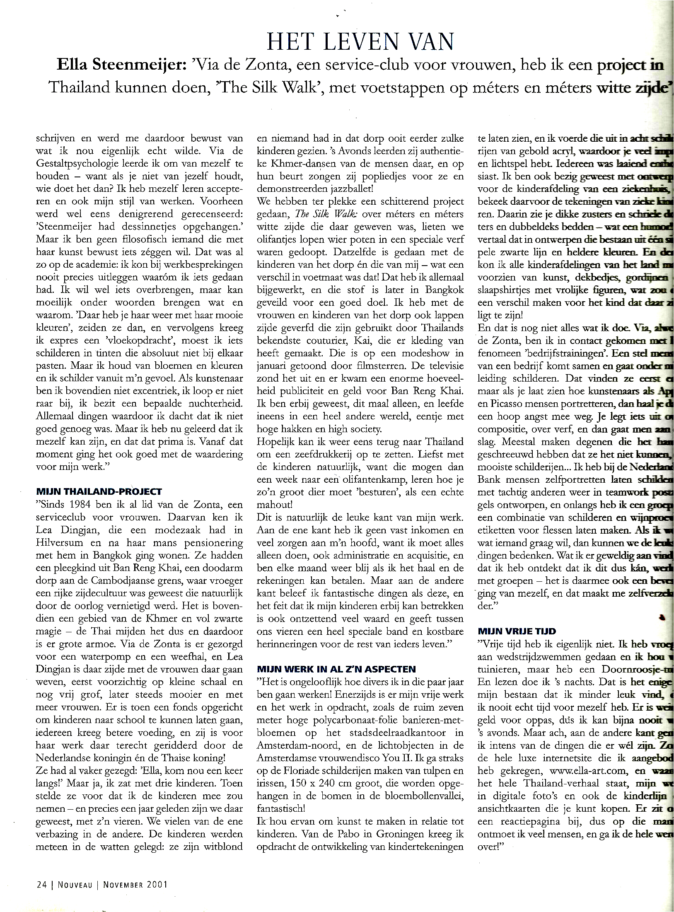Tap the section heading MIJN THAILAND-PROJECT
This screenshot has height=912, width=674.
(99, 492)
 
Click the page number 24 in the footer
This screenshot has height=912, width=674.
(41, 884)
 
